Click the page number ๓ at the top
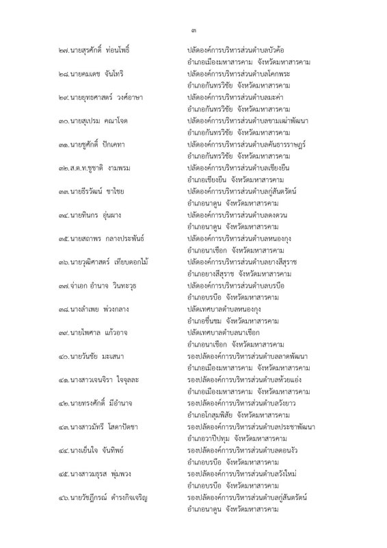point(193,29)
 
